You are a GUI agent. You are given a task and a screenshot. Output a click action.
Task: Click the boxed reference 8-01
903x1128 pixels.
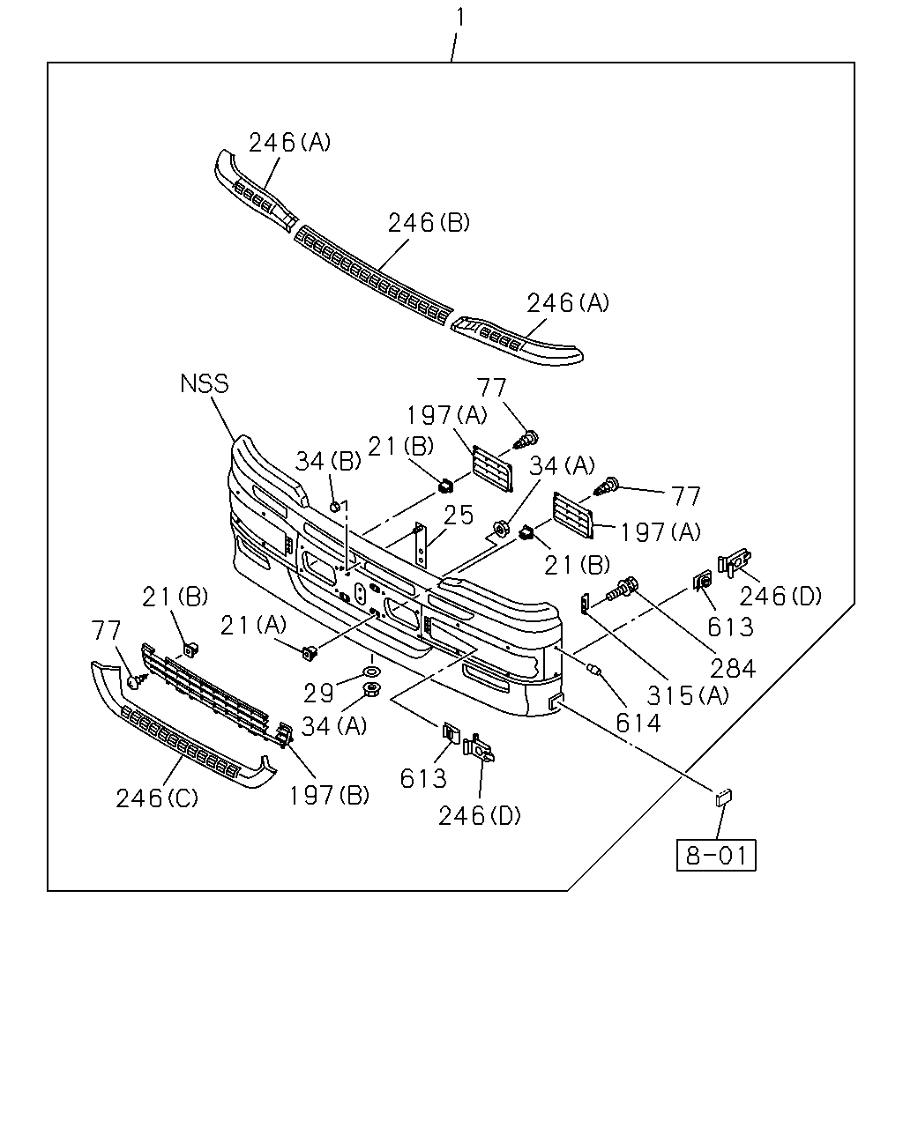pos(716,855)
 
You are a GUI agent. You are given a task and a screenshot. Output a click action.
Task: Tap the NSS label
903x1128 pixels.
pos(205,383)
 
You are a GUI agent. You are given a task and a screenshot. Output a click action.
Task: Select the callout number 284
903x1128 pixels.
pos(733,669)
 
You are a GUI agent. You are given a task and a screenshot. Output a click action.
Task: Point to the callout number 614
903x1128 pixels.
pos(638,724)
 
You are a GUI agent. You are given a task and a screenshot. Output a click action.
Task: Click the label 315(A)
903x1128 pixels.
pos(688,696)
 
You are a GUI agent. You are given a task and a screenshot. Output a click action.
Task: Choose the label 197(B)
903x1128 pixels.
pos(330,795)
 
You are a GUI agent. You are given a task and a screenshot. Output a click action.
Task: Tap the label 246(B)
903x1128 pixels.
pos(429,223)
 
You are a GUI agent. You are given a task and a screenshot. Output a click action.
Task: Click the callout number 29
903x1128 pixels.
pos(318,694)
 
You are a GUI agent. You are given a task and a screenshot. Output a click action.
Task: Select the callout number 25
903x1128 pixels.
pos(458,516)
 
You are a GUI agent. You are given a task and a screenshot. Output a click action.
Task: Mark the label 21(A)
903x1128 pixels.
pos(253,625)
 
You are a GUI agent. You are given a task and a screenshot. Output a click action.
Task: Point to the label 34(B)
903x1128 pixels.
pos(328,461)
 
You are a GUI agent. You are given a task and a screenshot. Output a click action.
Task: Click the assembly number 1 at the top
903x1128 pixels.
pos(460,18)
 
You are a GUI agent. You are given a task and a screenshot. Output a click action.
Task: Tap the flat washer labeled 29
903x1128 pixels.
pos(372,672)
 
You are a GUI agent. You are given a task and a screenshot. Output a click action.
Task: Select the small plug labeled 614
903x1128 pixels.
pos(593,668)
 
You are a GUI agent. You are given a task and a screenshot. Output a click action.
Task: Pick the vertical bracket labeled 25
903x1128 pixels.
pos(420,544)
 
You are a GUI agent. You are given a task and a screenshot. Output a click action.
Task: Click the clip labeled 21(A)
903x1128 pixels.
pos(310,653)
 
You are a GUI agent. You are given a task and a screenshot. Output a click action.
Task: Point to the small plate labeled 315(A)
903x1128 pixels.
pos(584,604)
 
